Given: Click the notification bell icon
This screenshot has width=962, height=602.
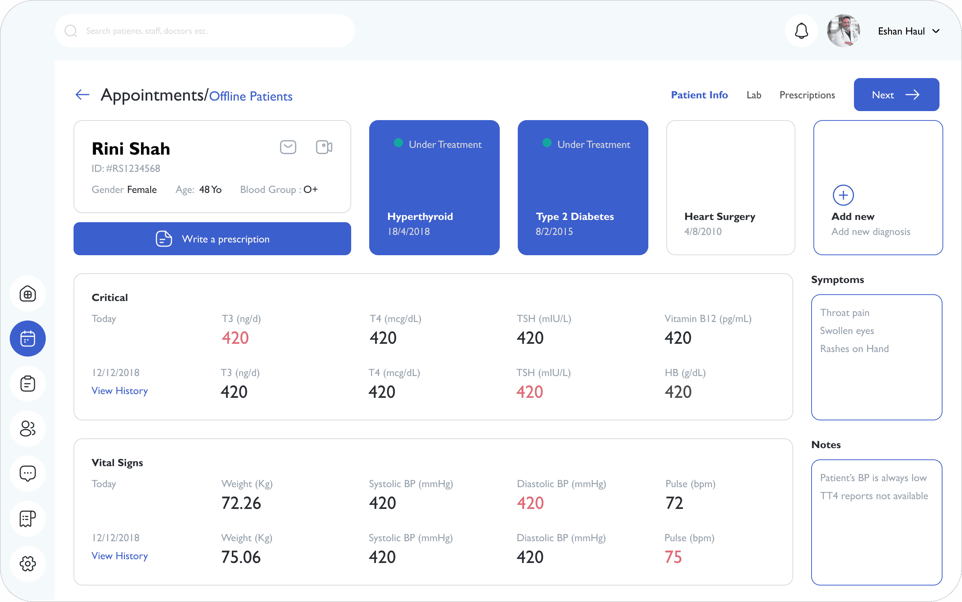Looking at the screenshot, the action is coord(801,31).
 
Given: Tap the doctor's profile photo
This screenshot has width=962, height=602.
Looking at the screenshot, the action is coord(843,31).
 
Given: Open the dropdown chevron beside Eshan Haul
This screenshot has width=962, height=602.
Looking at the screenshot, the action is coord(936,31).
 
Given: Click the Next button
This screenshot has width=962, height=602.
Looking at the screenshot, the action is coord(896,94).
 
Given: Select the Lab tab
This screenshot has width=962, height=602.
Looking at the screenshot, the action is coord(754,95).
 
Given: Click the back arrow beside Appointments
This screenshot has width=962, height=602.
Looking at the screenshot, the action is coord(83,94).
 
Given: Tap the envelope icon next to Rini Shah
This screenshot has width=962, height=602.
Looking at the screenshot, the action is coord(288,147).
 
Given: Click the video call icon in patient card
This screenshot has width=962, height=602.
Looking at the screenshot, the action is coord(324,147).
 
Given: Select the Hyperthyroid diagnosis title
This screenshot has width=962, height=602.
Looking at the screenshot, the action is coord(420,217).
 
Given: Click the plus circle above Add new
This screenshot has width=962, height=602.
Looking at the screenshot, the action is coord(843,195).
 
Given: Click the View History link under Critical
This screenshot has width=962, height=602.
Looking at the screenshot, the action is coord(119,391).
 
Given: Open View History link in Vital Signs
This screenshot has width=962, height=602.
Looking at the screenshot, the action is coord(119,556).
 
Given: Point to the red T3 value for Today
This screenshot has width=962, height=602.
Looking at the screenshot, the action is coord(235,338).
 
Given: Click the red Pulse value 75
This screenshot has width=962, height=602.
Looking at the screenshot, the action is coord(673,557).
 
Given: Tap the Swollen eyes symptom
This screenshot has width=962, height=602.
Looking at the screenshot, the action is coord(847,331).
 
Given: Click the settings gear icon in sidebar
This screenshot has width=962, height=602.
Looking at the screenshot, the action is coord(27,563).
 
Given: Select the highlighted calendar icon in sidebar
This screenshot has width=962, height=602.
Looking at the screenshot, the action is coord(27,339).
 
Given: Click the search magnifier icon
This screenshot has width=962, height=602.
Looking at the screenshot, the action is coord(71,31).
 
